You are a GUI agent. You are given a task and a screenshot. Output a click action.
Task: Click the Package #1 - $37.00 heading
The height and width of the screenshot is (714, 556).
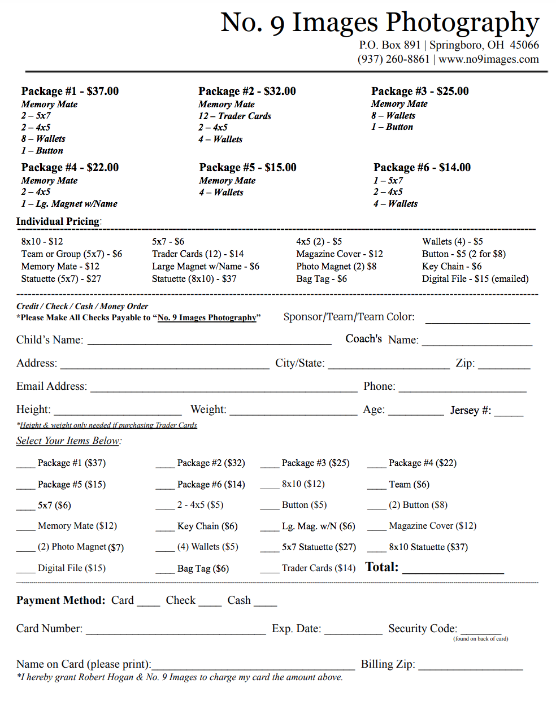[70, 91]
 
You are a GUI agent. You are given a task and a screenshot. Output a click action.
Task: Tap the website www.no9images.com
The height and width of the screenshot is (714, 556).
[489, 59]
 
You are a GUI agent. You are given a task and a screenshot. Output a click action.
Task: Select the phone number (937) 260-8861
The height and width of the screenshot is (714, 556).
[393, 59]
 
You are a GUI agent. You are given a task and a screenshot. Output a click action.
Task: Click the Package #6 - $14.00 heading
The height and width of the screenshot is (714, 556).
[422, 167]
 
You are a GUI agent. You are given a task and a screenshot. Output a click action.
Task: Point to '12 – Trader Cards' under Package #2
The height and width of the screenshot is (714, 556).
[234, 116]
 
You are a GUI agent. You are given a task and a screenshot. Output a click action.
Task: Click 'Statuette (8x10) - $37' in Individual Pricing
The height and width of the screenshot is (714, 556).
[194, 278]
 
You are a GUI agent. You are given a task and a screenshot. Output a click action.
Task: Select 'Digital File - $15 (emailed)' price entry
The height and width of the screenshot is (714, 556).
[475, 278]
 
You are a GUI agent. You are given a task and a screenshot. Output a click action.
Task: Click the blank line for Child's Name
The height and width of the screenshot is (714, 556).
[209, 342]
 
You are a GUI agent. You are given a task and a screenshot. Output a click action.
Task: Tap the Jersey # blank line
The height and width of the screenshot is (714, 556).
[509, 414]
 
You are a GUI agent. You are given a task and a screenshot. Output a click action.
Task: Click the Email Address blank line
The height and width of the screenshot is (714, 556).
[224, 389]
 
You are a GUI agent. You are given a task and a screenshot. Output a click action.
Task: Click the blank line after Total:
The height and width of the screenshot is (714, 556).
[453, 571]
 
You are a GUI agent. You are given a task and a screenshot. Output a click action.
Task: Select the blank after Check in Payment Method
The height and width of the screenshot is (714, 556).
[210, 604]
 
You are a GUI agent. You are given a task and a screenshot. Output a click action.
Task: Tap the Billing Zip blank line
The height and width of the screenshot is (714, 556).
[470, 668]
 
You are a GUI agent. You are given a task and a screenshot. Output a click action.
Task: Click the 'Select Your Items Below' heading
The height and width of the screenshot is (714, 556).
[68, 441]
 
